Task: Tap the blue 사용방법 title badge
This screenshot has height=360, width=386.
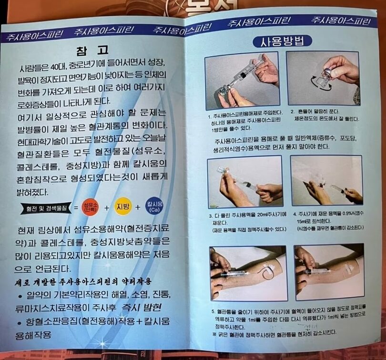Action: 282,41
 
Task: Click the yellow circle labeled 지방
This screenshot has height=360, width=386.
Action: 123,206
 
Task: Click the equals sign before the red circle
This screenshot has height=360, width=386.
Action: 75,208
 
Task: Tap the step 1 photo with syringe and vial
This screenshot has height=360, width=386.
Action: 242,81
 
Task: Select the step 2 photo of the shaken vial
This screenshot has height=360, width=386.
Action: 323,78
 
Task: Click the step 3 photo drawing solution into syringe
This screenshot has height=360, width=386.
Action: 245,181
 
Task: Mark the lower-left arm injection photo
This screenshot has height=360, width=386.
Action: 248,273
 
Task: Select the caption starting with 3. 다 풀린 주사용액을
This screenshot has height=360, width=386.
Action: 243,222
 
